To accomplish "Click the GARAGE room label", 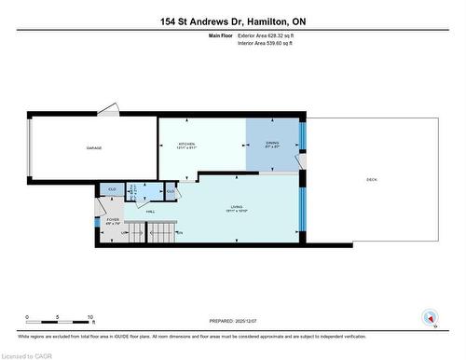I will click(95, 147).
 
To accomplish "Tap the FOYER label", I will click(111, 222).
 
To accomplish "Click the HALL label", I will click(150, 212).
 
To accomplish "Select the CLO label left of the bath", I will click(111, 189).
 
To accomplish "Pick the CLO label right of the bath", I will click(171, 190).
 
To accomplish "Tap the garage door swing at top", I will click(109, 111).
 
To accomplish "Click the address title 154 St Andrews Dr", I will click(232, 20).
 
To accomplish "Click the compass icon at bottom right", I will click(430, 317).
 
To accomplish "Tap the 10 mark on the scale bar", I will click(89, 316).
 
